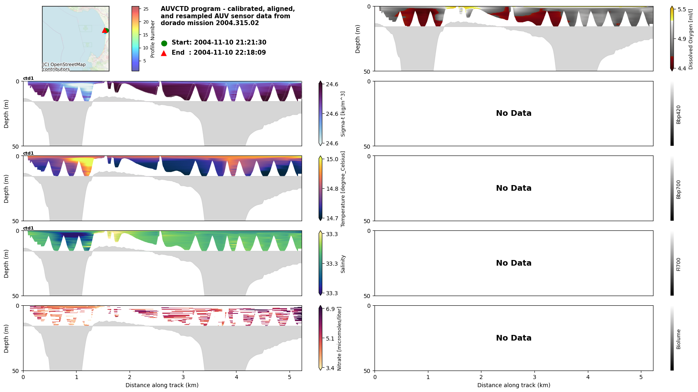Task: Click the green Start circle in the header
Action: click(x=164, y=43)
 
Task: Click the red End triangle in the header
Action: click(x=164, y=53)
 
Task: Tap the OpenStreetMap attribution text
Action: click(x=64, y=67)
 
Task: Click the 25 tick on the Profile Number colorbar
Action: click(x=146, y=9)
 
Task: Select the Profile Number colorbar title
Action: click(x=153, y=39)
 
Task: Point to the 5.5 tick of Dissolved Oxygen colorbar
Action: click(x=682, y=9)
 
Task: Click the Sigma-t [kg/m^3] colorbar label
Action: click(x=343, y=114)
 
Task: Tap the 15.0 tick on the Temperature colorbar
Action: click(x=332, y=159)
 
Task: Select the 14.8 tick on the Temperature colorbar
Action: click(x=332, y=189)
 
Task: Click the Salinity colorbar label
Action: click(x=343, y=264)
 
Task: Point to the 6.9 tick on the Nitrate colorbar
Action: click(x=330, y=309)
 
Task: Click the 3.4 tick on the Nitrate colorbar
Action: click(x=330, y=368)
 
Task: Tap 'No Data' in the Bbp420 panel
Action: click(x=513, y=113)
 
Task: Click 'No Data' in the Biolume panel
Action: click(x=513, y=338)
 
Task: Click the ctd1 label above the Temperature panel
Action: click(x=28, y=153)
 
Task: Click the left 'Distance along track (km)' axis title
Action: click(x=162, y=385)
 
